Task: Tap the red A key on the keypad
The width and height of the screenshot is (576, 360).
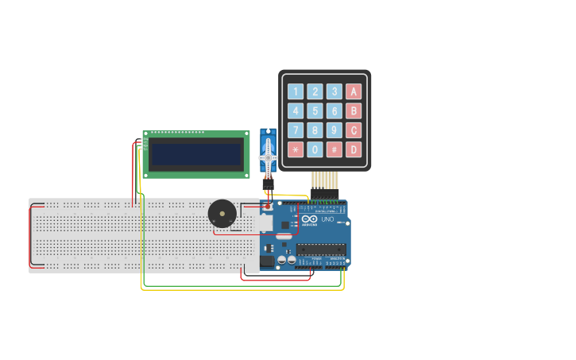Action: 354,91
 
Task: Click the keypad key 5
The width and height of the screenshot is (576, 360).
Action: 315,110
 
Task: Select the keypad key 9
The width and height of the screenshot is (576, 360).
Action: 334,130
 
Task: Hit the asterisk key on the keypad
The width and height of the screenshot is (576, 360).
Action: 296,149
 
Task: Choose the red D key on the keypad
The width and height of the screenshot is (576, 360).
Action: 354,149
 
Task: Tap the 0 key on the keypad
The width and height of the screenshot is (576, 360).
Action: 315,149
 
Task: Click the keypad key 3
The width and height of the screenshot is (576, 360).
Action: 334,91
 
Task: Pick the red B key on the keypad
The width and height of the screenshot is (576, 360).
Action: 354,110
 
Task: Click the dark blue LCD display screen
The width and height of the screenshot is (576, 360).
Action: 196,154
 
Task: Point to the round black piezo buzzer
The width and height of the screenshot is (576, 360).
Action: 222,214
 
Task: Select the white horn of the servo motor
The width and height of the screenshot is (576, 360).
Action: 268,153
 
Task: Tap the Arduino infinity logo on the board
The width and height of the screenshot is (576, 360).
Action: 309,219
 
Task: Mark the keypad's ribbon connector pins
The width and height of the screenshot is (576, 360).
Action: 324,180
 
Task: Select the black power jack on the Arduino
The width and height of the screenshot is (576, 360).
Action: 268,260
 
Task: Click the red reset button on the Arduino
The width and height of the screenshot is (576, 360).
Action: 267,206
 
